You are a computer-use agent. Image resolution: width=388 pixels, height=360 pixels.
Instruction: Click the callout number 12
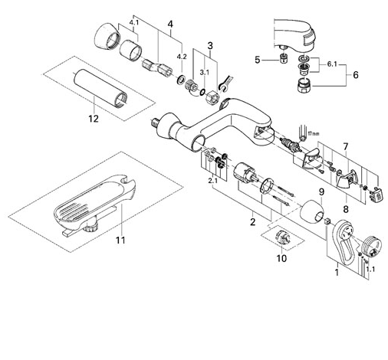(94, 119)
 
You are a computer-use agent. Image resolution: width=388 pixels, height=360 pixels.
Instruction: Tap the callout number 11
(120, 240)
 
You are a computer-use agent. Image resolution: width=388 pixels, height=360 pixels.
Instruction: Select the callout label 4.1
(134, 22)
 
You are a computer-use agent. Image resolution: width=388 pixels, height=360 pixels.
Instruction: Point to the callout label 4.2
(182, 57)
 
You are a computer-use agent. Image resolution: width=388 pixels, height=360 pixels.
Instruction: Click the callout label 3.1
(205, 73)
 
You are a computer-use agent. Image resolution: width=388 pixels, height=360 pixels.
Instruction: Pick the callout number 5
(257, 60)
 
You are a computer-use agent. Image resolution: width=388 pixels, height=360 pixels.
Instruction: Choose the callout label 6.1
(332, 64)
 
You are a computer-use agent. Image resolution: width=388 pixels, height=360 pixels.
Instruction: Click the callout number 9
(321, 191)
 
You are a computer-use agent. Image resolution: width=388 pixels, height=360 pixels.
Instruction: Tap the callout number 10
(281, 258)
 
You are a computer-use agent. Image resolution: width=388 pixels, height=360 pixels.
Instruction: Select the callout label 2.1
(212, 181)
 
